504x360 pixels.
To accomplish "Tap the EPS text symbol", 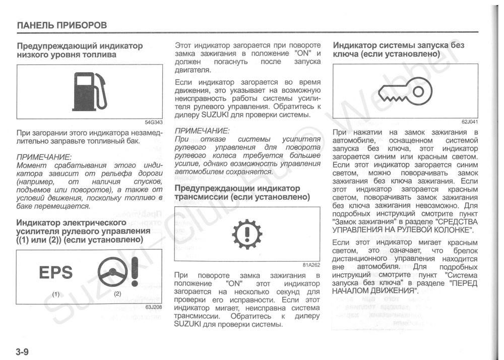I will point(56,273).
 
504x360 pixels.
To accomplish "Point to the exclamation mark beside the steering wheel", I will point(134,272).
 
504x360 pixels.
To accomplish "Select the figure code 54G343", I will point(154,122).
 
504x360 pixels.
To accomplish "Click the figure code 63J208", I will point(154,307).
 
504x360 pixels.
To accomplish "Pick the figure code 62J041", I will point(469,122).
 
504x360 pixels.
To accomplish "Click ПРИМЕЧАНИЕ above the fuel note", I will point(44,157).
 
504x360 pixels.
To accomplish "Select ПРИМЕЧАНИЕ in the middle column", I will point(202,130).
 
